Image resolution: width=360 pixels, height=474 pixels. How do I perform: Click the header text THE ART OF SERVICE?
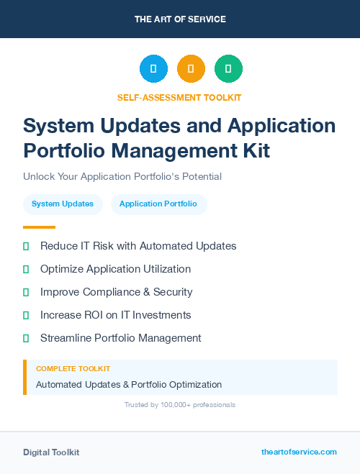tap(180, 19)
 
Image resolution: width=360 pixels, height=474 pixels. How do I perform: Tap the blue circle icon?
tap(153, 68)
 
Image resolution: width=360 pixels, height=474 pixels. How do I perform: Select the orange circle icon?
tap(191, 68)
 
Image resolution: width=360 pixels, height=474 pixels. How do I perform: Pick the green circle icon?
tap(228, 68)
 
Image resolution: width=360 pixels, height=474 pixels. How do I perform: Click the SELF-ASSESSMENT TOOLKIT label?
tap(180, 97)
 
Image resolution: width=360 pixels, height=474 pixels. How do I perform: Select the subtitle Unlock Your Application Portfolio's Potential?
tap(122, 176)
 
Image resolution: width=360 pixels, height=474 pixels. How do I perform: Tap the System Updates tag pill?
tap(63, 204)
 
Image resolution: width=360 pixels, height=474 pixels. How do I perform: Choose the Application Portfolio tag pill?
tap(158, 204)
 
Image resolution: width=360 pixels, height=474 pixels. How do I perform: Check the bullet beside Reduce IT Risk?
tap(26, 246)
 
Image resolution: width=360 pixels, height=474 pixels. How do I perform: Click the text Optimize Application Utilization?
tap(115, 269)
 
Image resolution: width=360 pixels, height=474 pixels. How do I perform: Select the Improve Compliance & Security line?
tap(116, 292)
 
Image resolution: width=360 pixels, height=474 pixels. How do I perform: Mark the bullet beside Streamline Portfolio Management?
tap(26, 338)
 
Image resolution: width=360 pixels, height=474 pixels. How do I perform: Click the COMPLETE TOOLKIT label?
tap(73, 368)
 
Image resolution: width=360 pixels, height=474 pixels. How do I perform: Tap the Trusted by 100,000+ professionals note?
tap(180, 405)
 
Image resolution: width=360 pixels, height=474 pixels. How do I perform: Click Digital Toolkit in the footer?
tap(51, 452)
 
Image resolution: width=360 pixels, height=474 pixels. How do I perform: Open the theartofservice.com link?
tap(299, 452)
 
